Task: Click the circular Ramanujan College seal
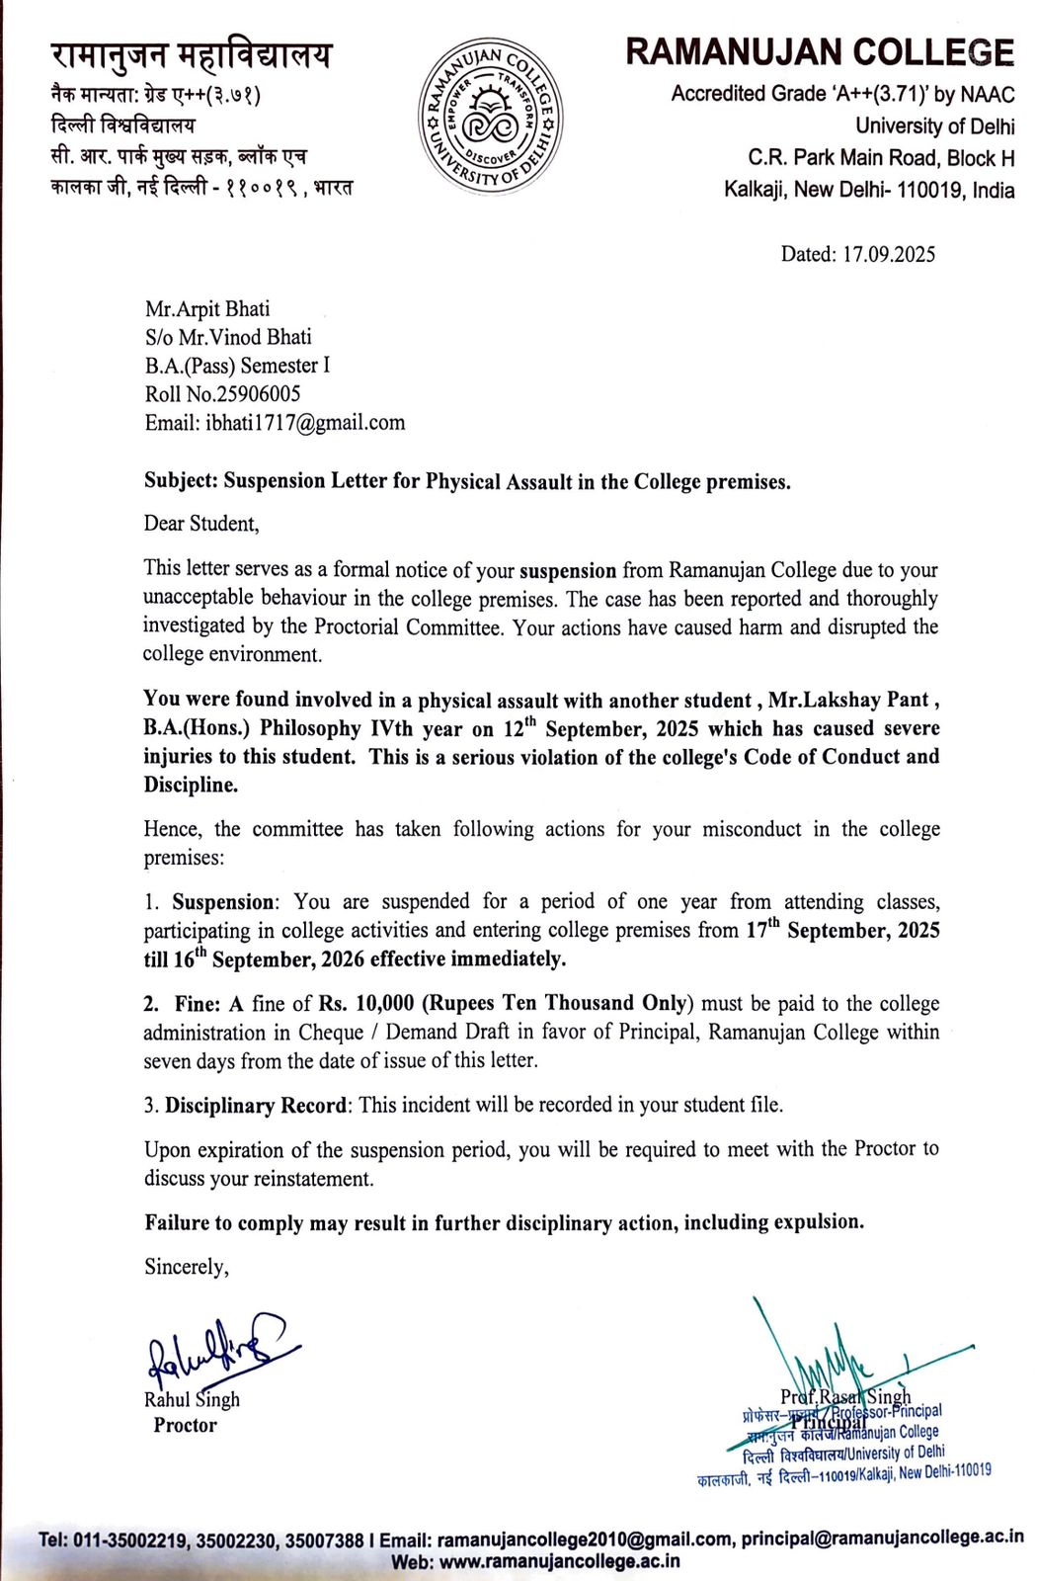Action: [490, 117]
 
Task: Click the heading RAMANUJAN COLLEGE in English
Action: [819, 52]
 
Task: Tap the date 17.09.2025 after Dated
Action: [888, 255]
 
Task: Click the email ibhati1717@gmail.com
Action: [305, 423]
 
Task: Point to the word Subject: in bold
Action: [181, 481]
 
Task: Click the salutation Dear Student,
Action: [201, 524]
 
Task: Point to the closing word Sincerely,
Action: [187, 1267]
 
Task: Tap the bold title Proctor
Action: [185, 1425]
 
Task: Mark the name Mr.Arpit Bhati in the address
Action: [207, 309]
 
